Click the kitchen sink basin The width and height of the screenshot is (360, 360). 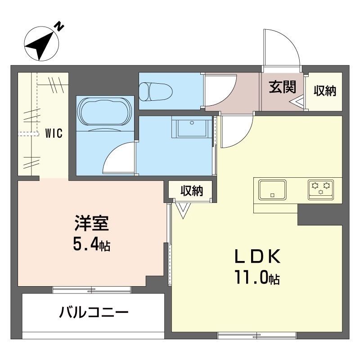[x=272, y=189]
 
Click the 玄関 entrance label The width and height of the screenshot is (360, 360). [x=282, y=87]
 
